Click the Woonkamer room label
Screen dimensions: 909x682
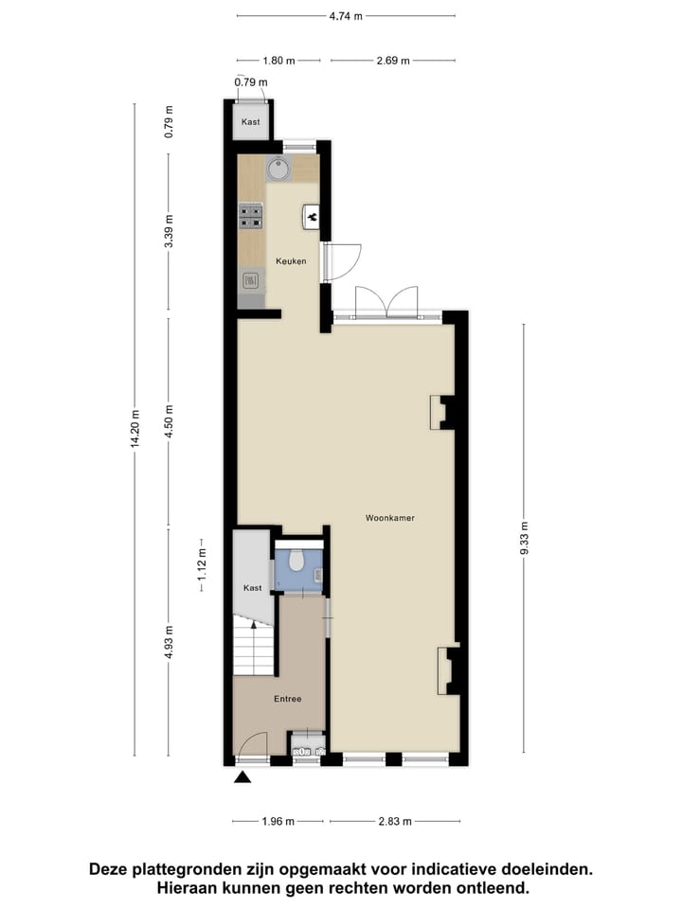(390, 518)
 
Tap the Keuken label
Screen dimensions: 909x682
(290, 260)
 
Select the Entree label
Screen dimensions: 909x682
(288, 699)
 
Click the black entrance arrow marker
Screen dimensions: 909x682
(243, 778)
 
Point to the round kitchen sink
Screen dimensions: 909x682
(278, 169)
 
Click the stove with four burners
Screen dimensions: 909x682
(251, 217)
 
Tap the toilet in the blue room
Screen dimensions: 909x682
(296, 561)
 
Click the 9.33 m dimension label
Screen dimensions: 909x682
(524, 539)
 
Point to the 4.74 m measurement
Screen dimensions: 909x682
(345, 16)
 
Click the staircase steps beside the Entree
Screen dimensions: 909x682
(253, 650)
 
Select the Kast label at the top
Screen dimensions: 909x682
(250, 122)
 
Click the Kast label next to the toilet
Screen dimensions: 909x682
(252, 588)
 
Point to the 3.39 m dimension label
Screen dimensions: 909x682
(169, 231)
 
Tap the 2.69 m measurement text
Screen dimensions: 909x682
(391, 61)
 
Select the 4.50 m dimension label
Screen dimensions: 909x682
(169, 419)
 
